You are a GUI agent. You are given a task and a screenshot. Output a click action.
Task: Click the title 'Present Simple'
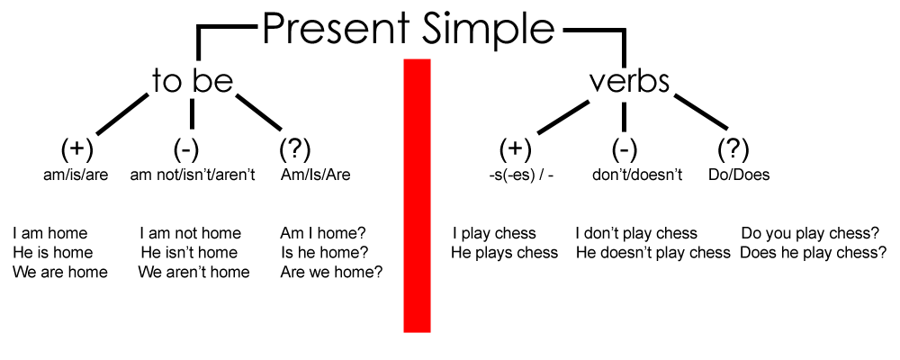pyautogui.click(x=409, y=29)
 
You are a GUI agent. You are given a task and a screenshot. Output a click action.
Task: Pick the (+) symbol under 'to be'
pyautogui.click(x=76, y=148)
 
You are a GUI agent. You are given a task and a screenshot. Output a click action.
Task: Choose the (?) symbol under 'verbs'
pyautogui.click(x=733, y=148)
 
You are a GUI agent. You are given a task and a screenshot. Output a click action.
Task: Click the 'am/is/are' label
pyautogui.click(x=76, y=175)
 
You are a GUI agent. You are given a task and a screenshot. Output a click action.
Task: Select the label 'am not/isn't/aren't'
pyautogui.click(x=193, y=175)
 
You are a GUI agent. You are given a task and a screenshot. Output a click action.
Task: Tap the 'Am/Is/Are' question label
pyautogui.click(x=315, y=175)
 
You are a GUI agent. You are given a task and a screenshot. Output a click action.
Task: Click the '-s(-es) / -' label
pyautogui.click(x=515, y=175)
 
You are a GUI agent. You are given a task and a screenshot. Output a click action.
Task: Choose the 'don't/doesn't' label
pyautogui.click(x=636, y=175)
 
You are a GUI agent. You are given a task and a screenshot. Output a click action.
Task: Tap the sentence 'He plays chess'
pyautogui.click(x=504, y=253)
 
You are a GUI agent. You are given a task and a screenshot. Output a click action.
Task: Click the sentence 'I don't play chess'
pyautogui.click(x=635, y=234)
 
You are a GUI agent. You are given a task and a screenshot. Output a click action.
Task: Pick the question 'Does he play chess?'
pyautogui.click(x=813, y=253)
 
